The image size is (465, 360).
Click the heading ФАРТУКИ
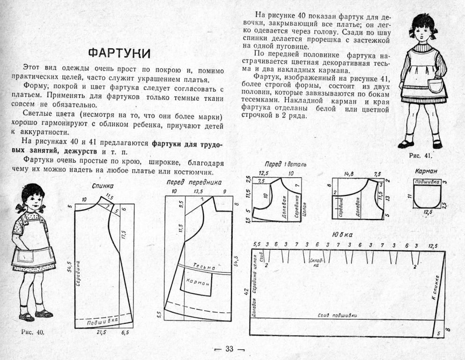[x=119, y=53]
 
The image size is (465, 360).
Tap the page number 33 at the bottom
[x=229, y=349]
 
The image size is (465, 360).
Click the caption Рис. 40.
[x=33, y=332]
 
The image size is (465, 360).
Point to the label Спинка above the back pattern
[x=103, y=186]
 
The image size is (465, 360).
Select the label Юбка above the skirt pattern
[x=342, y=234]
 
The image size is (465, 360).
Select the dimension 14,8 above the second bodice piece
[x=348, y=173]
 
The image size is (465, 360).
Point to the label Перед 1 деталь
[x=285, y=165]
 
